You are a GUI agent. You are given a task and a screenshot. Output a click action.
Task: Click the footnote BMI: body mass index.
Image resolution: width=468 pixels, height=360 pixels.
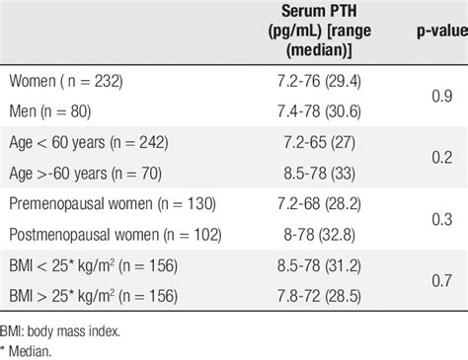(x=61, y=330)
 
